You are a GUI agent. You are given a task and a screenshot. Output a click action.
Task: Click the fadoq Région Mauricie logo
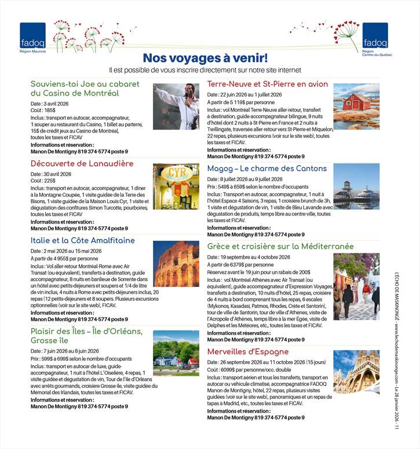tap(32, 37)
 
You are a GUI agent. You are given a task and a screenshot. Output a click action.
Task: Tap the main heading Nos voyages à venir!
tap(205, 58)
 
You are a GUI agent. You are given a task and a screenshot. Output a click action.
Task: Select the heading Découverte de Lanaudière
tap(82, 164)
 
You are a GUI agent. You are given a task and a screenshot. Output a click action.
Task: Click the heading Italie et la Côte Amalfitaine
tap(82, 240)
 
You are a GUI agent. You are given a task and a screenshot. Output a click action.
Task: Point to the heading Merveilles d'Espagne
tap(247, 351)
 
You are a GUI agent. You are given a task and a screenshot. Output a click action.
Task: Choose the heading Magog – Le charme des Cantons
tap(266, 168)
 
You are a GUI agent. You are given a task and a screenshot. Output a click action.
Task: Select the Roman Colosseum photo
tap(176, 264)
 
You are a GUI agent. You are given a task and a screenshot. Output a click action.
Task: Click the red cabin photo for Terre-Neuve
tap(356, 106)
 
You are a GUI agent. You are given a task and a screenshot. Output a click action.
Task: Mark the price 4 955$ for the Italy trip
tap(65, 259)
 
